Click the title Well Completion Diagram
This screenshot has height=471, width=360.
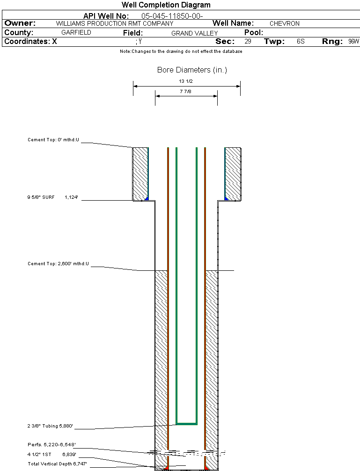(x=166, y=5)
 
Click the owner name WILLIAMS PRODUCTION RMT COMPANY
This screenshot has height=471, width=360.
(x=114, y=23)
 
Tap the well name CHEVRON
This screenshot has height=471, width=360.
(x=284, y=23)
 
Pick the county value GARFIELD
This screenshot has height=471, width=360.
(x=76, y=33)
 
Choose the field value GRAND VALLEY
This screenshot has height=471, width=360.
(x=194, y=33)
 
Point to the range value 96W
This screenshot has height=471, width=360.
(x=353, y=42)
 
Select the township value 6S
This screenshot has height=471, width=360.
(x=301, y=42)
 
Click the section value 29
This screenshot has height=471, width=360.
(x=248, y=42)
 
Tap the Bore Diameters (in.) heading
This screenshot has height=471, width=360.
(x=192, y=70)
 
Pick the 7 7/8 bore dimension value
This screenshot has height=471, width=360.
(x=186, y=92)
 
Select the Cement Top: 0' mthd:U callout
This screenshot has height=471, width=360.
(x=53, y=140)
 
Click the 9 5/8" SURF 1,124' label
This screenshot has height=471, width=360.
(x=55, y=198)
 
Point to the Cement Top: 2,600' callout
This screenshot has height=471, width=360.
(x=58, y=264)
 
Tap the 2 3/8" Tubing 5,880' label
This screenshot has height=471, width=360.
(x=51, y=426)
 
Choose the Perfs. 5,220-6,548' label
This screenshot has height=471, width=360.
(x=51, y=444)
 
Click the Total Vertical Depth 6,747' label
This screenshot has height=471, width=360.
(x=57, y=463)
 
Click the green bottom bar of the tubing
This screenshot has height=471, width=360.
(x=186, y=423)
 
